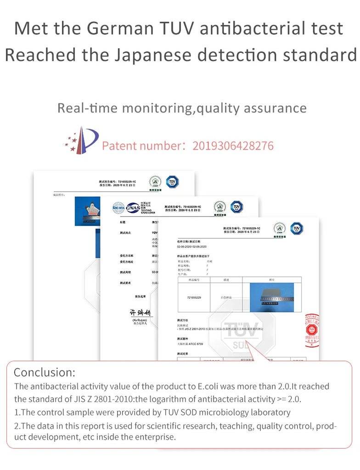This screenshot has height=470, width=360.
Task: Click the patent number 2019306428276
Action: (x=233, y=146)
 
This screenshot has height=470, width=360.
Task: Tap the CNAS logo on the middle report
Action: (x=133, y=207)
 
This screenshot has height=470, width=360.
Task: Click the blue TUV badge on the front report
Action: (x=297, y=228)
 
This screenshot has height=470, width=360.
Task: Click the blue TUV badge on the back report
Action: (x=172, y=181)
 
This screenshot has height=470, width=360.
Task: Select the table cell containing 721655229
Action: (x=194, y=297)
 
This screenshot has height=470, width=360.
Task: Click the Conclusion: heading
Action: (x=44, y=372)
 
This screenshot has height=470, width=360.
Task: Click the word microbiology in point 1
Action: (x=217, y=412)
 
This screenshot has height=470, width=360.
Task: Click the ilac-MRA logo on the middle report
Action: (x=118, y=207)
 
